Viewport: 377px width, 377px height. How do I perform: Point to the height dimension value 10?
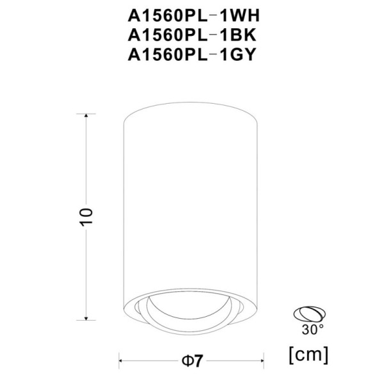click(x=88, y=216)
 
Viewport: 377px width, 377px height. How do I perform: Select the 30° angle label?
click(x=313, y=330)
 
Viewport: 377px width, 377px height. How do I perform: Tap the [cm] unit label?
click(x=310, y=353)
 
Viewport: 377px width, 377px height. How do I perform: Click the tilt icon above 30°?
click(x=309, y=315)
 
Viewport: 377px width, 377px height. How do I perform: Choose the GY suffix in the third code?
click(x=239, y=55)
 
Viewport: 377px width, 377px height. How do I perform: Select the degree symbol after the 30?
click(x=321, y=327)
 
